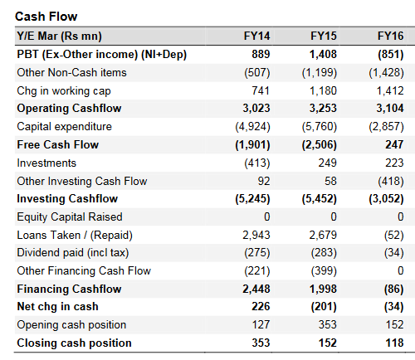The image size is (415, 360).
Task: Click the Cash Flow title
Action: pos(46,17)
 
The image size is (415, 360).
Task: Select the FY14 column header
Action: pos(256,36)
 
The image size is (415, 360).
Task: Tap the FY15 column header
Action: pos(324,36)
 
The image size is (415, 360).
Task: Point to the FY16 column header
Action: pos(391,36)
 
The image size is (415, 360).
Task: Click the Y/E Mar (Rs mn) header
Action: pos(60,36)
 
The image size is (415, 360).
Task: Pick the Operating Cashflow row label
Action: pos(69,108)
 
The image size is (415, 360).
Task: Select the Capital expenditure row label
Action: pos(65,127)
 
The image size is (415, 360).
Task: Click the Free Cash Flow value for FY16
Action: pos(394,144)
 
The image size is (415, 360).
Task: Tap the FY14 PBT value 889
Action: pos(261,54)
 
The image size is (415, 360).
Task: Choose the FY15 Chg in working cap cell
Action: pos(323,90)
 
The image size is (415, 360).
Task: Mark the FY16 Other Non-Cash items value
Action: pos(386,73)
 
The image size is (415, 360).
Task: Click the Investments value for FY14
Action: pos(257,163)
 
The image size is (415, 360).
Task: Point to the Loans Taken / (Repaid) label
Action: pos(75,236)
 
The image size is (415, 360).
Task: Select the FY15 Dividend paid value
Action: pos(324,253)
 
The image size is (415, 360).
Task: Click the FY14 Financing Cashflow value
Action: pos(256,289)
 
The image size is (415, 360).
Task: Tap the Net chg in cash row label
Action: pos(57,307)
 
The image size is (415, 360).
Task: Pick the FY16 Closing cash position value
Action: pos(394,343)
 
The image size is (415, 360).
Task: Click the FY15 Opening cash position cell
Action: pos(328,324)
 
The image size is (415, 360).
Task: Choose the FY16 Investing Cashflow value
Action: pos(386,199)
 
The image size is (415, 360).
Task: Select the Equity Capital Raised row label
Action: pos(70,217)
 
